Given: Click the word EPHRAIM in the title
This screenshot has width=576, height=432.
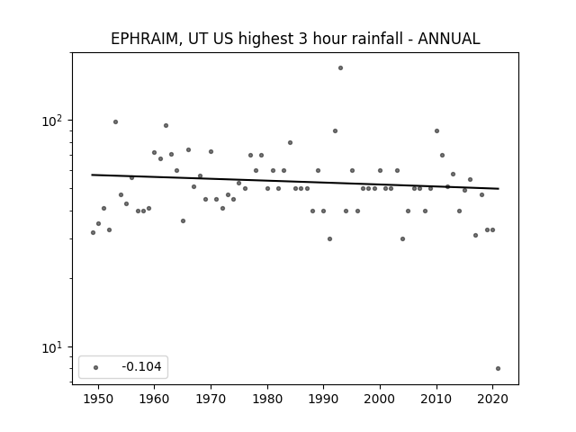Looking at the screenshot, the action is coord(144,39).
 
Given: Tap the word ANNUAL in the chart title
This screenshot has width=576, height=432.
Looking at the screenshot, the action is coord(448,39).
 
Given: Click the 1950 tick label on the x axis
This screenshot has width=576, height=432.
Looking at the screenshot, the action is coord(98,399).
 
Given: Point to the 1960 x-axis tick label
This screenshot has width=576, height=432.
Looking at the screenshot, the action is coord(154,399).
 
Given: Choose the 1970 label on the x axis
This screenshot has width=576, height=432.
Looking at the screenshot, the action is coord(211,399).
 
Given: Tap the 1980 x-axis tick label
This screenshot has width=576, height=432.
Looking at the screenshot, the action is coord(267,399).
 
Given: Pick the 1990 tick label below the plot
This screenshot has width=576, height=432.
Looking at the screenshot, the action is coord(324,399).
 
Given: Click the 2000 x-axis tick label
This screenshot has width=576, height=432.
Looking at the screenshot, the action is coord(380,399).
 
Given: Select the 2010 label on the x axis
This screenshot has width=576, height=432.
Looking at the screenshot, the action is coord(436,399).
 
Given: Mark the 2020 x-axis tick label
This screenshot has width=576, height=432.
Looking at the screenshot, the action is coord(493,399).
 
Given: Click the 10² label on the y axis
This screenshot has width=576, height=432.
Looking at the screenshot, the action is coord(52,121).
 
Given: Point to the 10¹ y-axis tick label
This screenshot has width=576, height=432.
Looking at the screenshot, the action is coord(52,347).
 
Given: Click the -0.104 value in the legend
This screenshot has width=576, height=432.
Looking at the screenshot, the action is coord(141,366).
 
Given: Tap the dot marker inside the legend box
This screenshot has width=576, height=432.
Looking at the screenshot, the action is coord(95,367).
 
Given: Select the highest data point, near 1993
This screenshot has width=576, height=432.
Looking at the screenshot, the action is coord(340,68).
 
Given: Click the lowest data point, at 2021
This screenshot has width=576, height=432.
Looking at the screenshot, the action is coord(498,368).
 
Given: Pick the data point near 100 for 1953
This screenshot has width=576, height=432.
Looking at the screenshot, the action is coord(115,122).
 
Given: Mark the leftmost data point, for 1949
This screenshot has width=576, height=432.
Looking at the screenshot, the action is coord(93,232).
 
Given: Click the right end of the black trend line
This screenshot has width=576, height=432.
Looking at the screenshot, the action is coord(499,188).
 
